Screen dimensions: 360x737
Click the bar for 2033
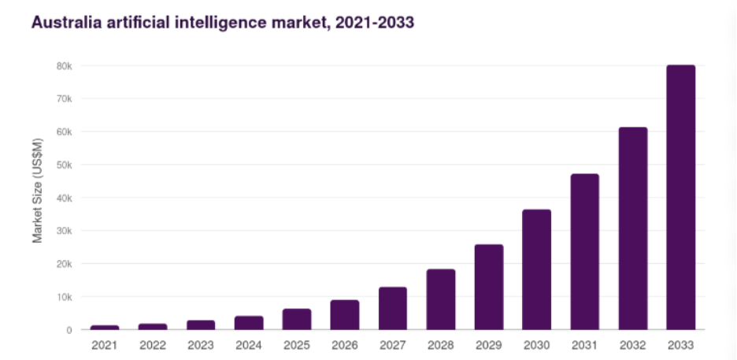pos(680,197)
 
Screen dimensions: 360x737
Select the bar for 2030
pos(536,269)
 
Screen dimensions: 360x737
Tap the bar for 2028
pos(441,299)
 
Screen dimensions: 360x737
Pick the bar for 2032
pos(632,228)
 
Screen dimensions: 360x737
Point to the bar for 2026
pos(344,314)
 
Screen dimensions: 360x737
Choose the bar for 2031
pos(584,251)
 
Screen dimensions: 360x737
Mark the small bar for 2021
pos(105,327)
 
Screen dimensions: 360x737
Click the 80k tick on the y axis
pos(65,66)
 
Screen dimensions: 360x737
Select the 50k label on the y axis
pos(65,165)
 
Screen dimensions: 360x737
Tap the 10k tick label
pos(65,297)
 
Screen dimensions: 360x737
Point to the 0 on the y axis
pos(69,330)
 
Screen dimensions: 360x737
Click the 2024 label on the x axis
pos(249,345)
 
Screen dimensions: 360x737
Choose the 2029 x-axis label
pos(489,345)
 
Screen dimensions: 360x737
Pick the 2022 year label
pos(153,345)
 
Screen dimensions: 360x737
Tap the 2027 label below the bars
pos(393,345)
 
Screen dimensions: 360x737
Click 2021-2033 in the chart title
pos(372,23)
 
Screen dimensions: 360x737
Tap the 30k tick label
pos(65,231)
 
